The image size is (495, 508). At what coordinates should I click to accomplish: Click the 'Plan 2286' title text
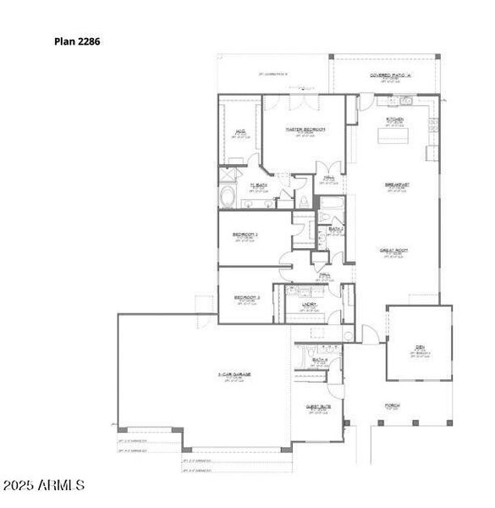point(77,40)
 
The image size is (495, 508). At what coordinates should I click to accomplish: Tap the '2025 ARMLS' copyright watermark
point(44,486)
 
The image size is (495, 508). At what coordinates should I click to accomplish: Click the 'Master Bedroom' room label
point(305,130)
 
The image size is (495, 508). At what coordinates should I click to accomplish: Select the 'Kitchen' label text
point(395,120)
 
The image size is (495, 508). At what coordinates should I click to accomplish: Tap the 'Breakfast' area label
point(398,184)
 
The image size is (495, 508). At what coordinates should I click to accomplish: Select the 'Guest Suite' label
point(317,406)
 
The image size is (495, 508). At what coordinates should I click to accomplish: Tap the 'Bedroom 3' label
point(246,298)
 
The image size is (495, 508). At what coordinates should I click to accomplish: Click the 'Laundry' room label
point(309,304)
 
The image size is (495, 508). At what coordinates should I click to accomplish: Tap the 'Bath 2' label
point(335,229)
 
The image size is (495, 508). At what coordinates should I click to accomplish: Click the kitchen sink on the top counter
point(404,102)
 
